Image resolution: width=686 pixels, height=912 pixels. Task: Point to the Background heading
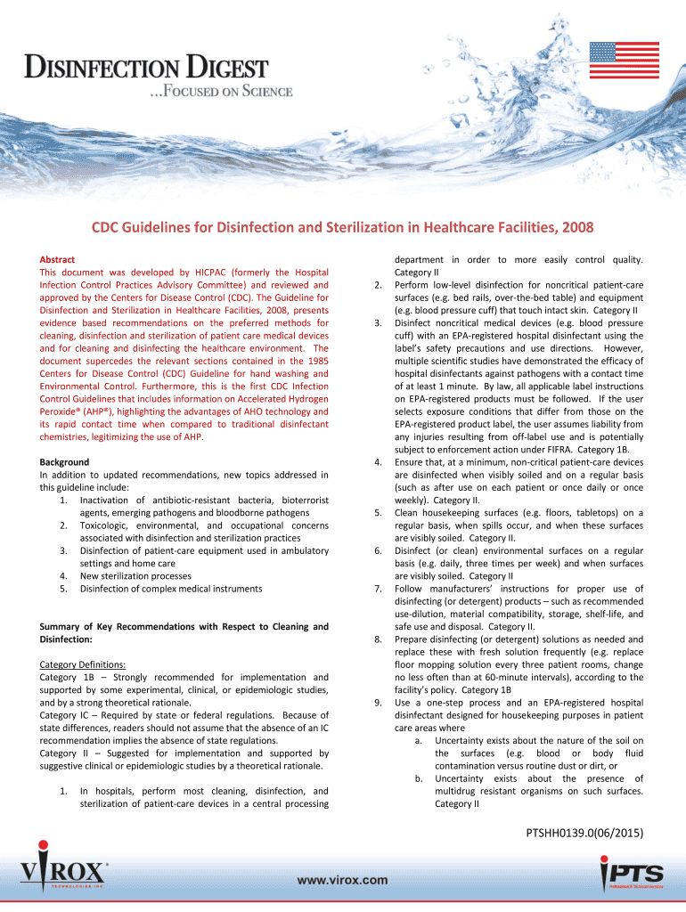64,462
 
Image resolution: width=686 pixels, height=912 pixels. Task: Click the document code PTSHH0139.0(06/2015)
585,833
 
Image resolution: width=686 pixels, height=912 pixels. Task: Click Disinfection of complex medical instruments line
171,588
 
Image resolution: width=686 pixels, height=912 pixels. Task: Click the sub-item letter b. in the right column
419,778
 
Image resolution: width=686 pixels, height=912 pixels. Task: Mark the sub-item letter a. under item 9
419,740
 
